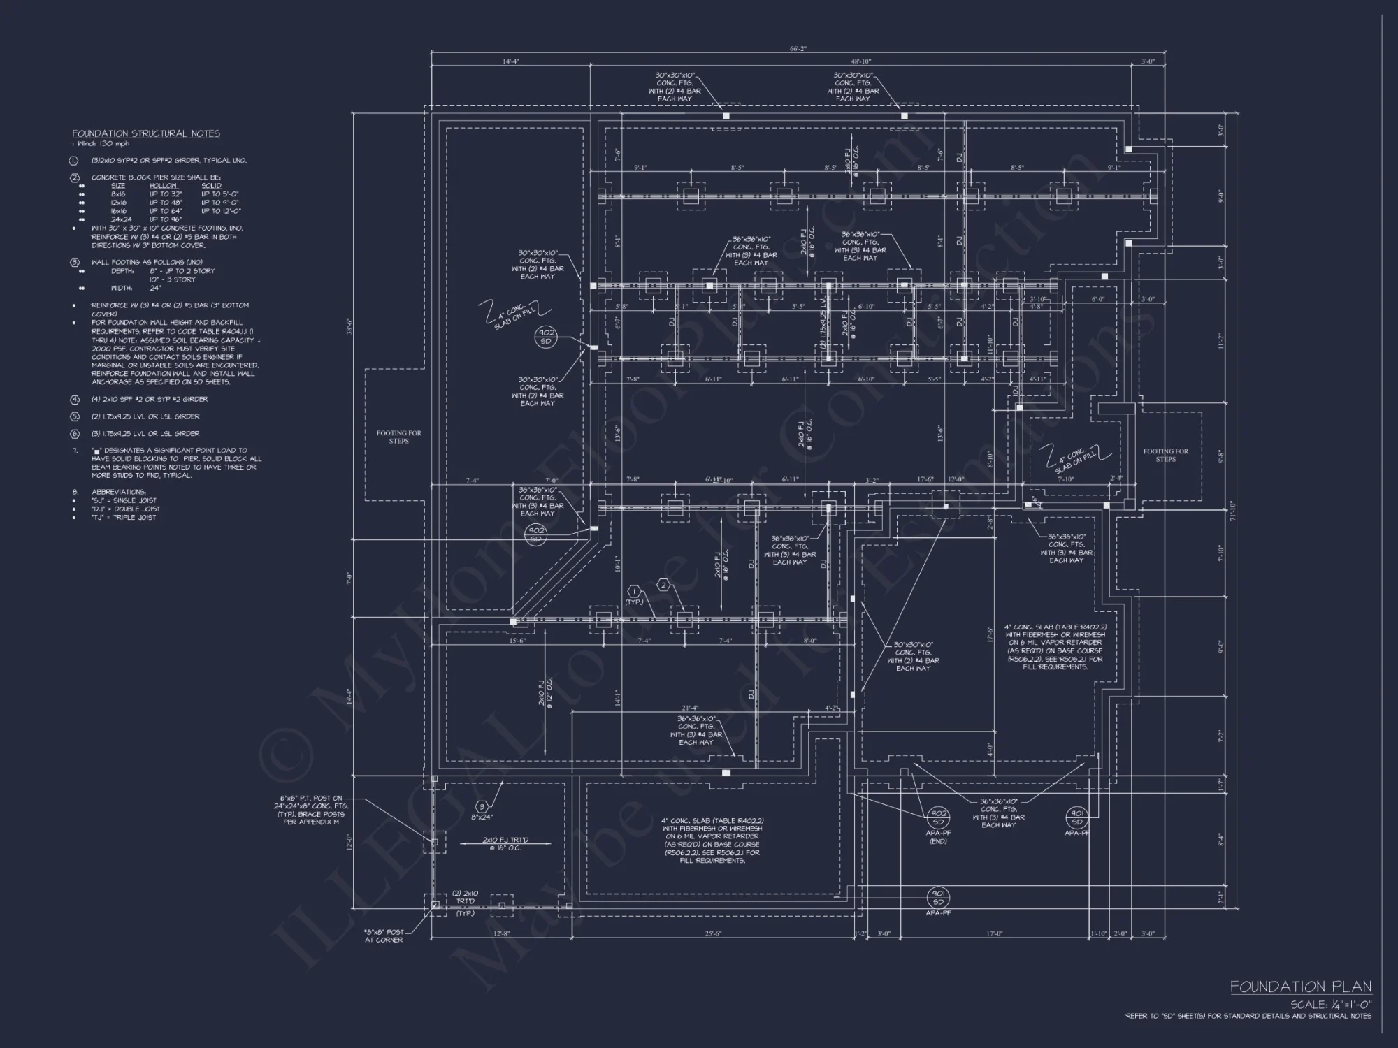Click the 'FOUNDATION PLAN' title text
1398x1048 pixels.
[1301, 987]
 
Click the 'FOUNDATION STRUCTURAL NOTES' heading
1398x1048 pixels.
[146, 133]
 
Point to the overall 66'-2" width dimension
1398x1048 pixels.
[798, 49]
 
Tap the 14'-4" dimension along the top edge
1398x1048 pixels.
[511, 61]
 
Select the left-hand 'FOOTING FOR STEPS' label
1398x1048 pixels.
[399, 437]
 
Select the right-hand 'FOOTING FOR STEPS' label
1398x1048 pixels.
[1165, 455]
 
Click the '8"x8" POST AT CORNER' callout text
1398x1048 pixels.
[384, 936]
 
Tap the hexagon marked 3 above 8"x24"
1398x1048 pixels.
[482, 807]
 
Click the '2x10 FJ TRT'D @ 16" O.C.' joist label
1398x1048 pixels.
[505, 843]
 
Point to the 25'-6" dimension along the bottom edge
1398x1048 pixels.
[713, 933]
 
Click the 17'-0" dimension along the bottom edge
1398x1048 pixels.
[994, 933]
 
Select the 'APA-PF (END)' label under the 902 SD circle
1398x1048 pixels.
[937, 836]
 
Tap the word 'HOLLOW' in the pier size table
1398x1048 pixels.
[163, 186]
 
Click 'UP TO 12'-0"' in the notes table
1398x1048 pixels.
[221, 211]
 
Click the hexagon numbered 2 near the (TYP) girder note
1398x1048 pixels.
[663, 585]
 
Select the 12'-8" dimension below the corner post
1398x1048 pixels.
[501, 933]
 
